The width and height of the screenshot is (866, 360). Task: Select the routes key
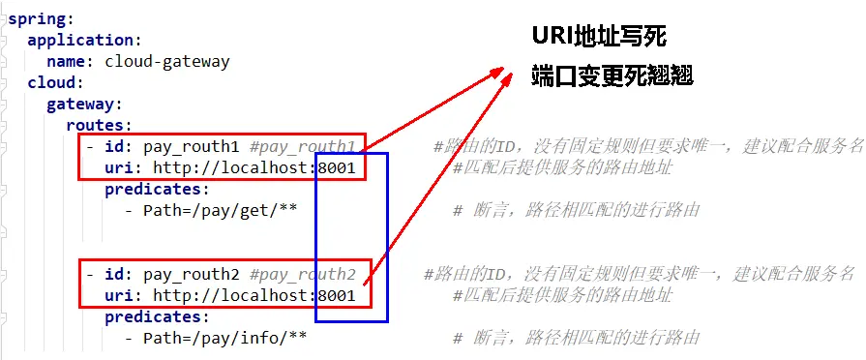tap(96, 125)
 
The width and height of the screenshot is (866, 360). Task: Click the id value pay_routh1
tap(192, 147)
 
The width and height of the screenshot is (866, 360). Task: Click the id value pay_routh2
tap(192, 274)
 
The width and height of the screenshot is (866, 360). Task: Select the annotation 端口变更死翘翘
tap(612, 77)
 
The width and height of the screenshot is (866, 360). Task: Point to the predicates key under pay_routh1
tap(155, 189)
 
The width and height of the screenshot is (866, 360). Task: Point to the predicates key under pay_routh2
tap(155, 315)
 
